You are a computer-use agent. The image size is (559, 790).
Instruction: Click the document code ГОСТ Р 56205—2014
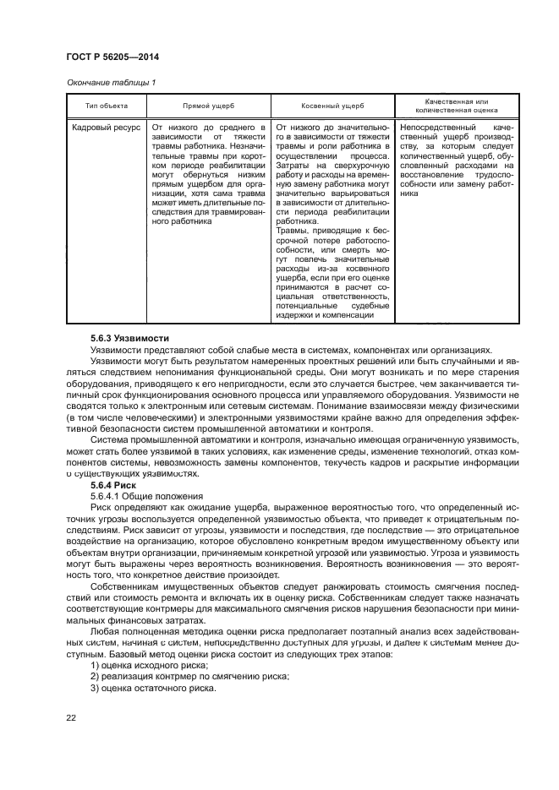(112, 57)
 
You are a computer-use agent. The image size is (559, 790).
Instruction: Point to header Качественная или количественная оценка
(449, 105)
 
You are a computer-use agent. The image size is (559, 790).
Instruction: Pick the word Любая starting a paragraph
(107, 630)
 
